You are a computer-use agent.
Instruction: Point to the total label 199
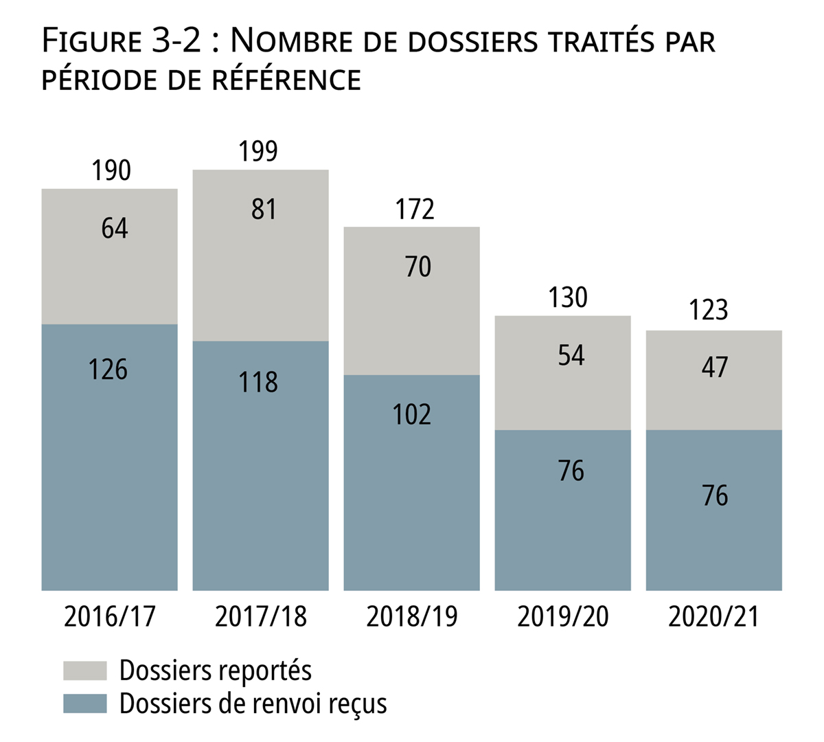pyautogui.click(x=258, y=151)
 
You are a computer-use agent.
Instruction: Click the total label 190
pyautogui.click(x=111, y=170)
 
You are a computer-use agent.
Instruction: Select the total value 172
pyautogui.click(x=415, y=209)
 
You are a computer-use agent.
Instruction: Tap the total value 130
pyautogui.click(x=568, y=297)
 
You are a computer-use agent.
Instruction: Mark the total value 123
pyautogui.click(x=709, y=311)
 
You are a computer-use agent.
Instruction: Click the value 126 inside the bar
pyautogui.click(x=108, y=370)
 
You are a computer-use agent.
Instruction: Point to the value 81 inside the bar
pyautogui.click(x=264, y=210)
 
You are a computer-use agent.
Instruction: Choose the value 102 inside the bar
pyautogui.click(x=412, y=415)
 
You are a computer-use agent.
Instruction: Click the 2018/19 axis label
pyautogui.click(x=411, y=616)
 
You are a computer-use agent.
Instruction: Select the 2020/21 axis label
pyautogui.click(x=713, y=616)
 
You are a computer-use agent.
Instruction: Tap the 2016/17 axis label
pyautogui.click(x=110, y=616)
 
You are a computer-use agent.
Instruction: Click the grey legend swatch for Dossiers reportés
pyautogui.click(x=85, y=671)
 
